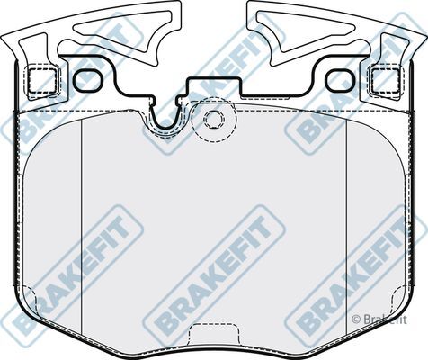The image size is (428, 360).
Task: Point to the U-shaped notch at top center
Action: pos(165,117)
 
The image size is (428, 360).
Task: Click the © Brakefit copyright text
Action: pos(380,318)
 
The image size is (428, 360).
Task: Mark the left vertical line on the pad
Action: pos(82,207)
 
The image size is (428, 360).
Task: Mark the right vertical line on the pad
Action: pos(346,207)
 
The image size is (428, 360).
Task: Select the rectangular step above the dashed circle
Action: pos(213,91)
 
